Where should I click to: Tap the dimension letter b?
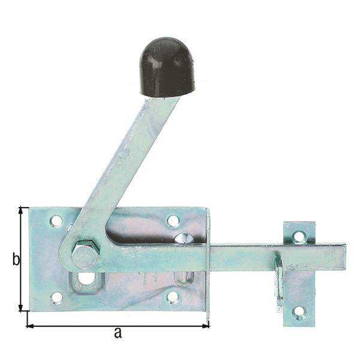point(16,260)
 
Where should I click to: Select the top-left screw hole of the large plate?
point(56,221)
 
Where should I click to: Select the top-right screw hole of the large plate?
point(173,221)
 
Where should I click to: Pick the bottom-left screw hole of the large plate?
point(56,297)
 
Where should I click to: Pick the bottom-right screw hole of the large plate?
point(172,296)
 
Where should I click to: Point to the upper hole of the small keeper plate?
point(299,236)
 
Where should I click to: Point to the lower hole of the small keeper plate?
point(298,312)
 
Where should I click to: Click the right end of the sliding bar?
point(343,256)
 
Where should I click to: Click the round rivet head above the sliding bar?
point(183,238)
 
